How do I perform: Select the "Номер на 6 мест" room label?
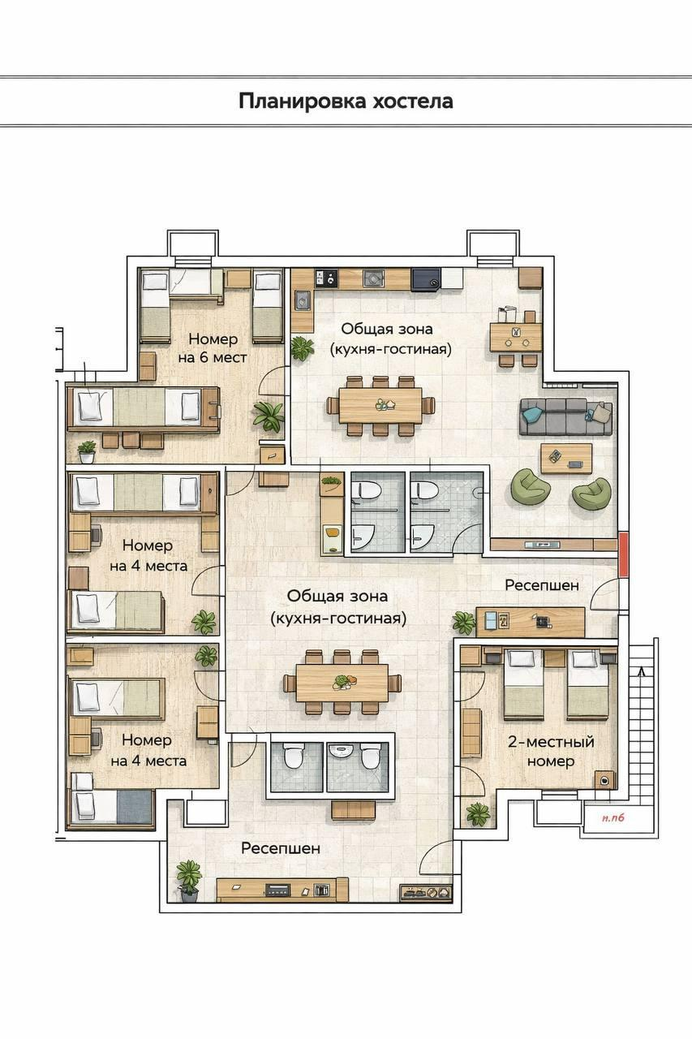tap(213, 348)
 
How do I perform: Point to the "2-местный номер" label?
tap(551, 751)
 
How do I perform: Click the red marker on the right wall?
tap(624, 554)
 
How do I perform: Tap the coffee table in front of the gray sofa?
tap(566, 459)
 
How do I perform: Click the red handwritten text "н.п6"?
tap(613, 830)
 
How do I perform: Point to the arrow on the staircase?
tap(642, 673)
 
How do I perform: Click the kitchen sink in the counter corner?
tap(303, 300)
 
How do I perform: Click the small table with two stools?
tap(516, 337)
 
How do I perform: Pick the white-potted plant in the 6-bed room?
tap(87, 452)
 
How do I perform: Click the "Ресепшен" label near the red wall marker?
tap(542, 585)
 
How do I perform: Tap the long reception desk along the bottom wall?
tap(283, 898)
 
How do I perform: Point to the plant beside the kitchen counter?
tap(303, 348)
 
